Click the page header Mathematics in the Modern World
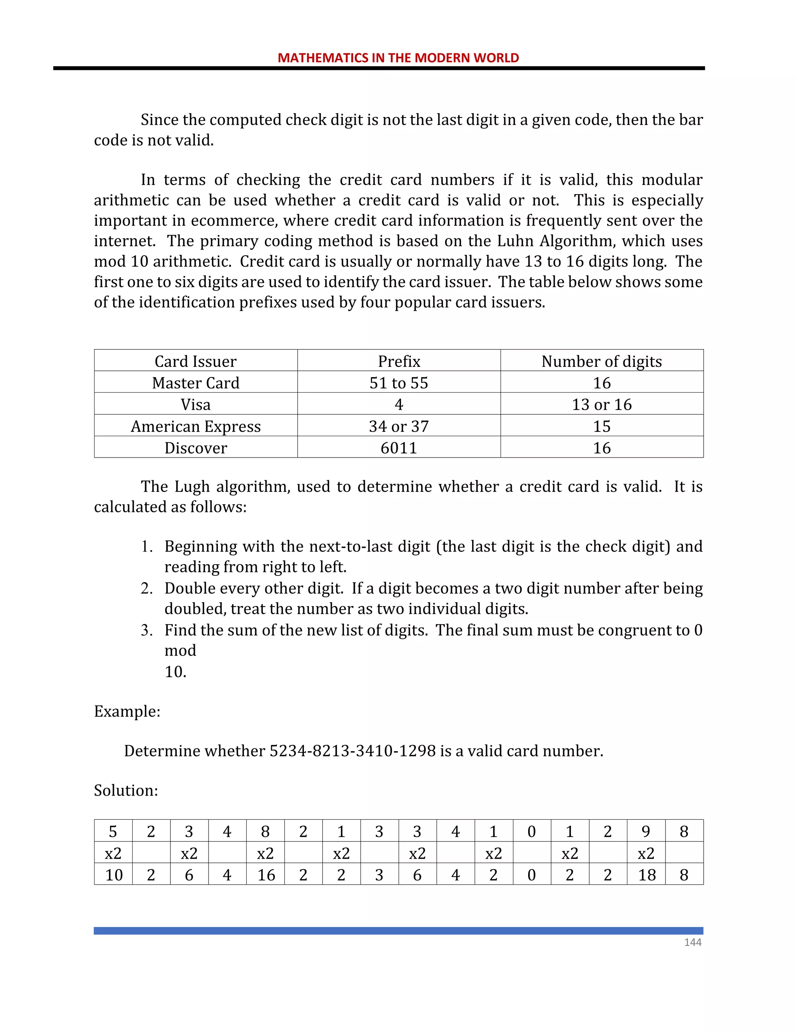[398, 58]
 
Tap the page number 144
[693, 942]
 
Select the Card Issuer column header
[195, 361]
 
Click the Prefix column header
[399, 361]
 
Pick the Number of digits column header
[602, 361]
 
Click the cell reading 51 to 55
[399, 383]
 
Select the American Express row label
[195, 426]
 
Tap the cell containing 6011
[399, 447]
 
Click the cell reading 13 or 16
[602, 405]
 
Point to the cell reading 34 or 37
[399, 426]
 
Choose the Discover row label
[195, 447]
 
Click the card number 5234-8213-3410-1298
[352, 750]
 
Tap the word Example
[126, 711]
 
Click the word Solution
[126, 790]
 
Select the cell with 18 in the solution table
[646, 875]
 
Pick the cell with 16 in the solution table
[266, 875]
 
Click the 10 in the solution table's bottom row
[114, 875]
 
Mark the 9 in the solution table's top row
[646, 831]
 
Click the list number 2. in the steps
[146, 588]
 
